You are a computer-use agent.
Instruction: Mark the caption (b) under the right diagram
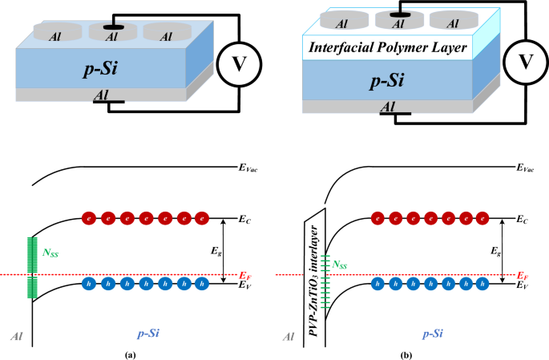pos(406,353)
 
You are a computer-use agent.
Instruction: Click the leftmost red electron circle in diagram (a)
pos(89,217)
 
